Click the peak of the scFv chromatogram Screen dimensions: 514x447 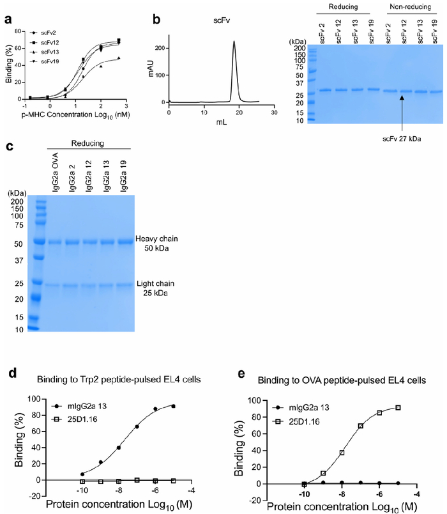(234, 42)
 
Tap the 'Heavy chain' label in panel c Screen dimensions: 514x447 (153, 240)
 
